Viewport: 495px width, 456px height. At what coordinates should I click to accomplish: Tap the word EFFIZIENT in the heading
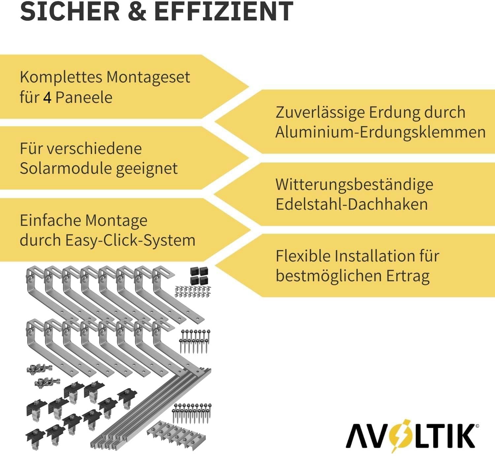coord(223,12)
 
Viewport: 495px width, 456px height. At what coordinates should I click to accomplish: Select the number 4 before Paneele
coord(47,98)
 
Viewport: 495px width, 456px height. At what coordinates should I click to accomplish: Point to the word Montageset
coord(148,77)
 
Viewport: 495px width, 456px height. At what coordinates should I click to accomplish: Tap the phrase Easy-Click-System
coord(130,240)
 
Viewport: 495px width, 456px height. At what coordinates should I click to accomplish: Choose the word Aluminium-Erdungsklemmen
coord(380,133)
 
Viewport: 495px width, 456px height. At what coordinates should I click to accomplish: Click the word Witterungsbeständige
coord(354,185)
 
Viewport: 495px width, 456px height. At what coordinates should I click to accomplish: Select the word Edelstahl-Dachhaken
coord(352,204)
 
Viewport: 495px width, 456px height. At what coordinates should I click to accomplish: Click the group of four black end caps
coord(199,276)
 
